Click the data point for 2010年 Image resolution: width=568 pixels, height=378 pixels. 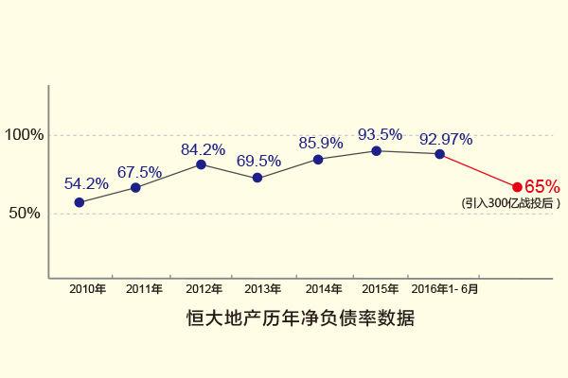79,202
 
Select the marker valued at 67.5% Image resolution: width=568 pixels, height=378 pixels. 135,187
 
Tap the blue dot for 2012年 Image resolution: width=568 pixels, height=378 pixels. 201,164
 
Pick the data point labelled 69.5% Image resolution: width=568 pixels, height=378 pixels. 257,178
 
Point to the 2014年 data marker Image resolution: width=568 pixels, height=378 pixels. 318,159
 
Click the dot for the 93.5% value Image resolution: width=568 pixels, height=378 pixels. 376,150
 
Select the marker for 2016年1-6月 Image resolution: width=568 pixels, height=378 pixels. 440,153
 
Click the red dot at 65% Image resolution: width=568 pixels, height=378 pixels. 517,187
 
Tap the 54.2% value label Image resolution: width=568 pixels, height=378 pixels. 86,183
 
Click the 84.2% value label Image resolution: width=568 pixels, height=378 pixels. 203,148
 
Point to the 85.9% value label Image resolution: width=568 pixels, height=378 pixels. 320,143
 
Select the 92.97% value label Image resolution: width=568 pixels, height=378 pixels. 446,139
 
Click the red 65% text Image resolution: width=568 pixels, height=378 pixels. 542,186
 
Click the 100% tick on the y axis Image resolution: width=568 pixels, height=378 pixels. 25,134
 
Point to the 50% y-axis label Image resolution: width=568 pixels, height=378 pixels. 25,213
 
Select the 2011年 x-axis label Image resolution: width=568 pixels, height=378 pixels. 144,289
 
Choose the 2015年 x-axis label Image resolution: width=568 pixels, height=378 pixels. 381,289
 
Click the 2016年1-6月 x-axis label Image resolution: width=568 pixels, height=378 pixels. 445,289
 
